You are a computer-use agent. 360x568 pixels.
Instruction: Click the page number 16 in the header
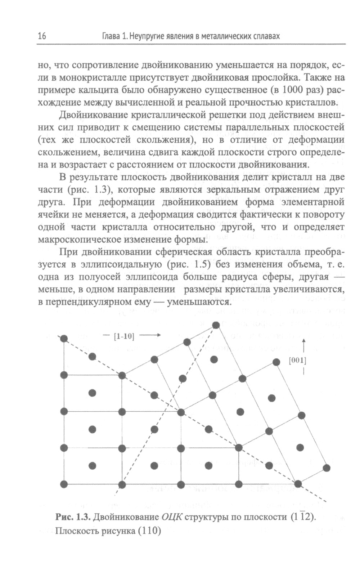pos(41,36)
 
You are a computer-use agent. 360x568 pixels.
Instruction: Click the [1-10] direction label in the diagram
pos(123,337)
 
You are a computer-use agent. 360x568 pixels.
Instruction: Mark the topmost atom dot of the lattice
pos(216,325)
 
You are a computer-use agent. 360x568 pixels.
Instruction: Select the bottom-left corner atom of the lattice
pos(64,483)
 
